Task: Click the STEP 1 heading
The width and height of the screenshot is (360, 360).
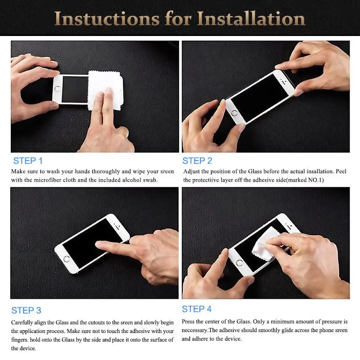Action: pos(28,161)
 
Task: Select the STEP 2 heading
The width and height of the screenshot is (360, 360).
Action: pos(197,161)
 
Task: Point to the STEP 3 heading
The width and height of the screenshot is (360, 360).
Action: pos(26,310)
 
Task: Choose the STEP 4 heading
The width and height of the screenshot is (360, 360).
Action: pos(197,309)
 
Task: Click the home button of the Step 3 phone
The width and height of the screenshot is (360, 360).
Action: pos(67,259)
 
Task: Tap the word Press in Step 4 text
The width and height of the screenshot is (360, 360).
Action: pos(189,322)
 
